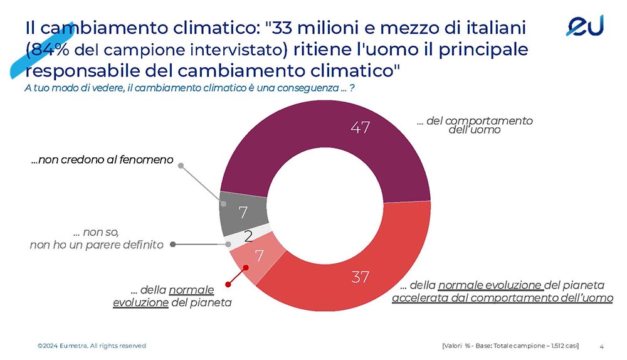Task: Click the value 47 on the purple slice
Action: point(360,128)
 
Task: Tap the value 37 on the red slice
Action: point(360,277)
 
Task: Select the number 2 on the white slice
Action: point(248,236)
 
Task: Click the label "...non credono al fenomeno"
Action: point(102,161)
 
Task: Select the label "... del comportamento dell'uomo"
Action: point(475,125)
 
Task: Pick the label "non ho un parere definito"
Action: point(97,245)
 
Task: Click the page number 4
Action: point(602,346)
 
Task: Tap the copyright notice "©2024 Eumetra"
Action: point(91,346)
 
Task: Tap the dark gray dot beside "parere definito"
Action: point(172,244)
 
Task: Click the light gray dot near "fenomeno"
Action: point(181,166)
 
